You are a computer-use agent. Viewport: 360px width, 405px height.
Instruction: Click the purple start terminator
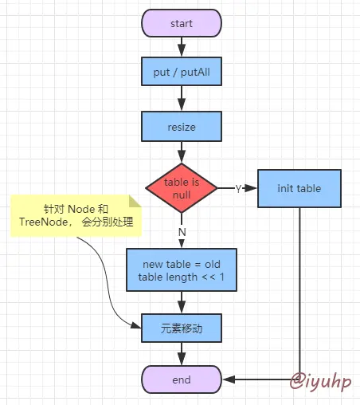[182, 24]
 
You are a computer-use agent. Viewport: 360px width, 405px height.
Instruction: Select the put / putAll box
[182, 74]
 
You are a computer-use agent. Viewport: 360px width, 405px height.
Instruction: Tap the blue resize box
[182, 126]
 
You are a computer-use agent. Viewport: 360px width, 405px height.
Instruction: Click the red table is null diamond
[182, 188]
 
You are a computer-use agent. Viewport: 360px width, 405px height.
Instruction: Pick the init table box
[299, 188]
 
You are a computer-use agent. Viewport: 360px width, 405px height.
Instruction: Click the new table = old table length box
[182, 270]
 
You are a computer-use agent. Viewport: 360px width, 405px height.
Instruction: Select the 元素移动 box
[182, 328]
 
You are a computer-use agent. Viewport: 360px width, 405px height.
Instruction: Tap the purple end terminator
[182, 379]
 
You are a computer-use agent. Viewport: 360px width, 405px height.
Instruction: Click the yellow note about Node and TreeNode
[76, 214]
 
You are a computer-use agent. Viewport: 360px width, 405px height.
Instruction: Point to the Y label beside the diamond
[237, 189]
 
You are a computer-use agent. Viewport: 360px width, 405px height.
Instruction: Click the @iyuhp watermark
[319, 379]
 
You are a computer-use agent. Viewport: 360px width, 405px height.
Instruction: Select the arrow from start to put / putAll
[182, 47]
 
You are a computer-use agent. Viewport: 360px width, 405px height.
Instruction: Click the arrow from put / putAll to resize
[182, 100]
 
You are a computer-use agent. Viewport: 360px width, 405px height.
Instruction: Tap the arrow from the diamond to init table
[247, 189]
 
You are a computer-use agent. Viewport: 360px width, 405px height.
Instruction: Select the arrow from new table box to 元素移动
[182, 302]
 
